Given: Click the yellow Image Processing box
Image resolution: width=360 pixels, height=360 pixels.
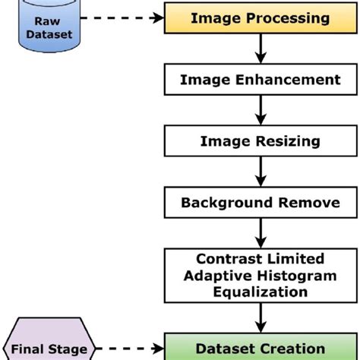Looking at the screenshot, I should pos(260,17).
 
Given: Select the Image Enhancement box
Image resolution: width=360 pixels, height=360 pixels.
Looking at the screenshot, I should pos(260,79).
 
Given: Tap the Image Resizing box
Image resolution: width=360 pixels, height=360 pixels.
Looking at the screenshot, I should pos(260,141).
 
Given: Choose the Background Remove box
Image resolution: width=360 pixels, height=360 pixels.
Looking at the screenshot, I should pos(260,203).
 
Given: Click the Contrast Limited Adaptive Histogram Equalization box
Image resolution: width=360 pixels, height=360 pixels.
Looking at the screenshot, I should pos(260,275).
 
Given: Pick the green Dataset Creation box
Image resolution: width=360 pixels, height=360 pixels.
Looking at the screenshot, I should pos(260,349).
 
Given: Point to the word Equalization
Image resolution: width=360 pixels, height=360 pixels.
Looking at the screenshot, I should pos(260,291).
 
